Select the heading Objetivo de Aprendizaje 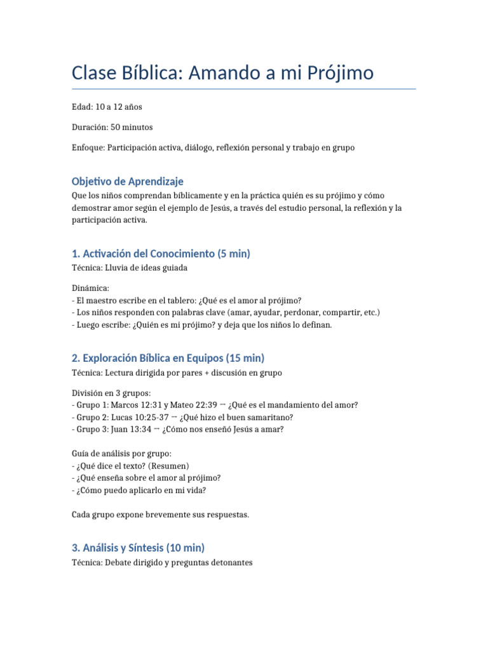pos(128,182)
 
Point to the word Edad pos(82,107)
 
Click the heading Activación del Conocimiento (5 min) pos(161,254)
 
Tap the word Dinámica pos(90,288)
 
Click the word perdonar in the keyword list pos(302,312)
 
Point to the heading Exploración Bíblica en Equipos pos(168,358)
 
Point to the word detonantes pos(231,562)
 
